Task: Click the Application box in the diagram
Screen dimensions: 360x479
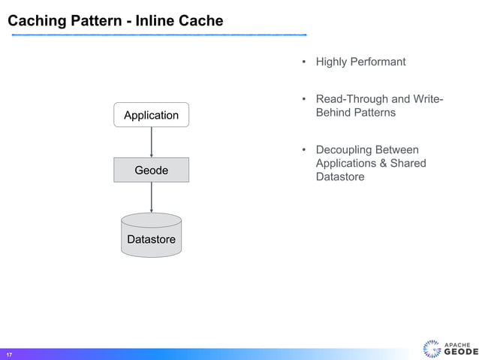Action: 151,115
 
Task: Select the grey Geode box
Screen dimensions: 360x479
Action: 151,171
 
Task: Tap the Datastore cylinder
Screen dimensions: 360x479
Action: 151,236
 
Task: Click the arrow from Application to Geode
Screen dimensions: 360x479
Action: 152,142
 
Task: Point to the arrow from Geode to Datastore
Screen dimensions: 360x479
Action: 152,198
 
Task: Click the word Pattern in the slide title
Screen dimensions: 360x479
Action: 98,21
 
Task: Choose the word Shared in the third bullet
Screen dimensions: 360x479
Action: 408,163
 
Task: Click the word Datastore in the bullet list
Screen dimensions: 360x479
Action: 340,177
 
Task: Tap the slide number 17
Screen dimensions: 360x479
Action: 8,354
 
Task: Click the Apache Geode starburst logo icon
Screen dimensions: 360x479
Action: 432,347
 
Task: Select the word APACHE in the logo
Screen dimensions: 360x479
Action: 459,342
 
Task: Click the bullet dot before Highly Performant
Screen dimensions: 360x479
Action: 303,62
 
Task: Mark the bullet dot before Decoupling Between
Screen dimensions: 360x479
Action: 303,150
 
